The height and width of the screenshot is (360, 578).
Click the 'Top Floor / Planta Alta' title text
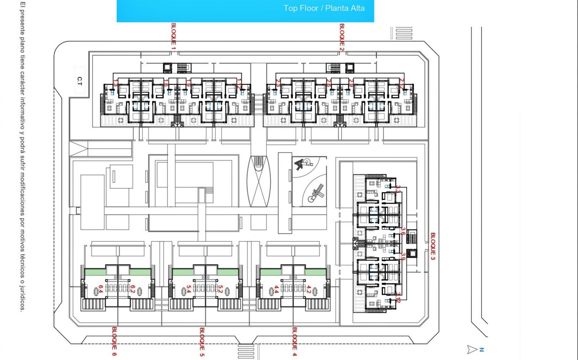tap(324, 8)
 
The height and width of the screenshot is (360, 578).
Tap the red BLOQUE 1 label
tap(173, 35)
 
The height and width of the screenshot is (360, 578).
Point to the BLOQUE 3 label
tap(433, 246)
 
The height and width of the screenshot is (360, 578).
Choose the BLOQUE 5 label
tap(202, 342)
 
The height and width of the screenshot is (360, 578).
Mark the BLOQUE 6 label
tap(114, 341)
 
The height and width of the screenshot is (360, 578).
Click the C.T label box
tap(79, 80)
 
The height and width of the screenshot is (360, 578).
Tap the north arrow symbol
tap(472, 349)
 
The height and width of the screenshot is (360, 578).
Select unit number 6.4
tap(100, 289)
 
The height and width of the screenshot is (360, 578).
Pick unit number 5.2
tap(220, 289)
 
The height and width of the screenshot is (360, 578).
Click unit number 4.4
tap(276, 289)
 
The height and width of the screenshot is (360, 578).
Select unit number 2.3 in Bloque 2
tap(278, 83)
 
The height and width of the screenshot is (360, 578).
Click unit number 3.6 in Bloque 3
tap(403, 231)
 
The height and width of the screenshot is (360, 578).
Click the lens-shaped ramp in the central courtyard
tap(259, 181)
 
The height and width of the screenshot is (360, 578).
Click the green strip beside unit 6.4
tap(95, 272)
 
